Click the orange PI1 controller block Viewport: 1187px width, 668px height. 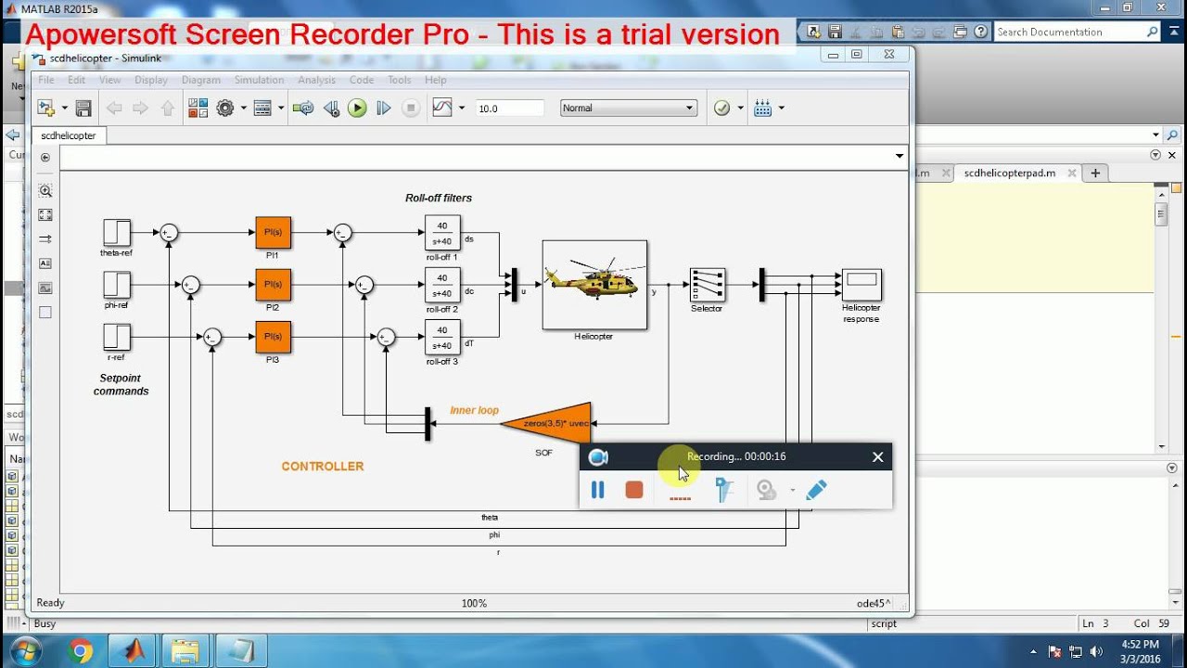pos(273,233)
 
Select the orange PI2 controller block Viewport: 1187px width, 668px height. pos(273,285)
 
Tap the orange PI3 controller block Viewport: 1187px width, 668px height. pos(273,337)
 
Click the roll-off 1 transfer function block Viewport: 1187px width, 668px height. pos(442,233)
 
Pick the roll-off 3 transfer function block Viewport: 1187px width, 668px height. pos(442,337)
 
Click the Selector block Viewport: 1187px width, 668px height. pos(708,286)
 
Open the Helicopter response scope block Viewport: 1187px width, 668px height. pos(862,285)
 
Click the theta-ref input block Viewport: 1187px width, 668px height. pos(117,233)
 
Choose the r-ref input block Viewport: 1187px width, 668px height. pos(117,337)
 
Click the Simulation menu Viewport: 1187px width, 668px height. pos(259,80)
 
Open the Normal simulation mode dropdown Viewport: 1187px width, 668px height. pos(628,109)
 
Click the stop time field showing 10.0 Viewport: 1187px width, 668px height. pos(509,109)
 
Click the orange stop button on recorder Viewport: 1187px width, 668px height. pos(634,490)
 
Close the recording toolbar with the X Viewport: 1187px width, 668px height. pos(877,456)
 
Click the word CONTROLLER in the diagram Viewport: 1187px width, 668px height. pos(323,467)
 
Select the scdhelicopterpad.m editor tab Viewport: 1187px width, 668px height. pos(1010,173)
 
